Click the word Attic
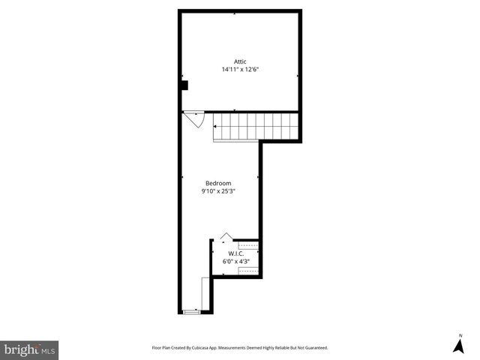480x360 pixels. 240,61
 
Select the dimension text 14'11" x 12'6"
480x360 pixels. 240,70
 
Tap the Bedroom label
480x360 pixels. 218,183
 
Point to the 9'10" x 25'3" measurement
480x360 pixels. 218,191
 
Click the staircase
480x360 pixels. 256,126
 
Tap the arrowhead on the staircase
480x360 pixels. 216,127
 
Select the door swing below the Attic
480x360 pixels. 194,118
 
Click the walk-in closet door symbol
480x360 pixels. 226,237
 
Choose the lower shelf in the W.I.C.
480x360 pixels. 248,271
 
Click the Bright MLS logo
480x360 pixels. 29,349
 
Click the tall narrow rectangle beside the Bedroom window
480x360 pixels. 206,294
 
